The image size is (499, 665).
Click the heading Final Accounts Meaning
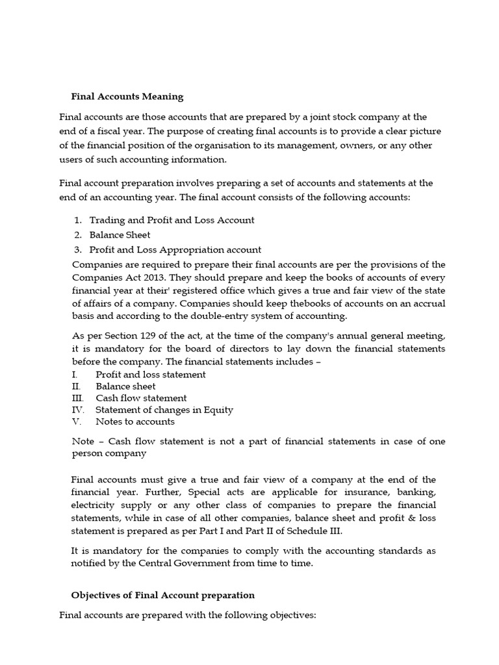(127, 97)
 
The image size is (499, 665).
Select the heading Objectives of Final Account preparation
(162, 595)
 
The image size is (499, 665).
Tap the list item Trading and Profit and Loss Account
(172, 220)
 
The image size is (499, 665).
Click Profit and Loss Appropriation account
(175, 249)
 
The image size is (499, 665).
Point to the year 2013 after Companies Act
(162, 275)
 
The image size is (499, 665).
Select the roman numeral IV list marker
(77, 410)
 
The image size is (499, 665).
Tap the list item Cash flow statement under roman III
(141, 398)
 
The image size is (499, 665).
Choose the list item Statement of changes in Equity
(164, 410)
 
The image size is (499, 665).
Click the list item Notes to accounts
(134, 421)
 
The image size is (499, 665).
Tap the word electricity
(95, 505)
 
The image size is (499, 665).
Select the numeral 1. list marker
(77, 220)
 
